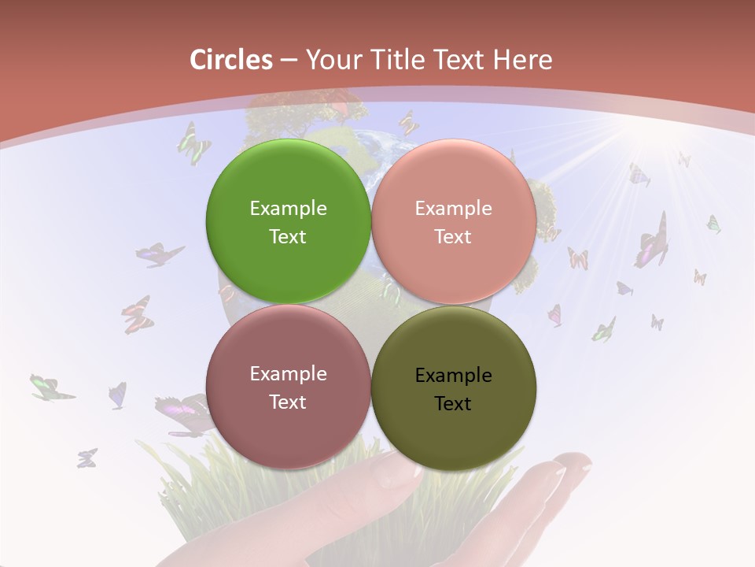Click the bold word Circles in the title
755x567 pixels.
(x=230, y=60)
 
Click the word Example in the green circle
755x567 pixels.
(x=288, y=209)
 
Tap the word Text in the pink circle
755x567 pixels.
(x=453, y=237)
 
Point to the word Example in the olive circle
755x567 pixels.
(x=453, y=376)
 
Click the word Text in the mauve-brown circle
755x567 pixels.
(x=288, y=402)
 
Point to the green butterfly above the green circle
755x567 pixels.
(x=193, y=143)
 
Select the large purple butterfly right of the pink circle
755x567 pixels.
(x=653, y=241)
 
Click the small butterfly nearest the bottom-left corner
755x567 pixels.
(x=87, y=458)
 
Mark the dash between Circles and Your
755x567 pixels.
(x=288, y=60)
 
